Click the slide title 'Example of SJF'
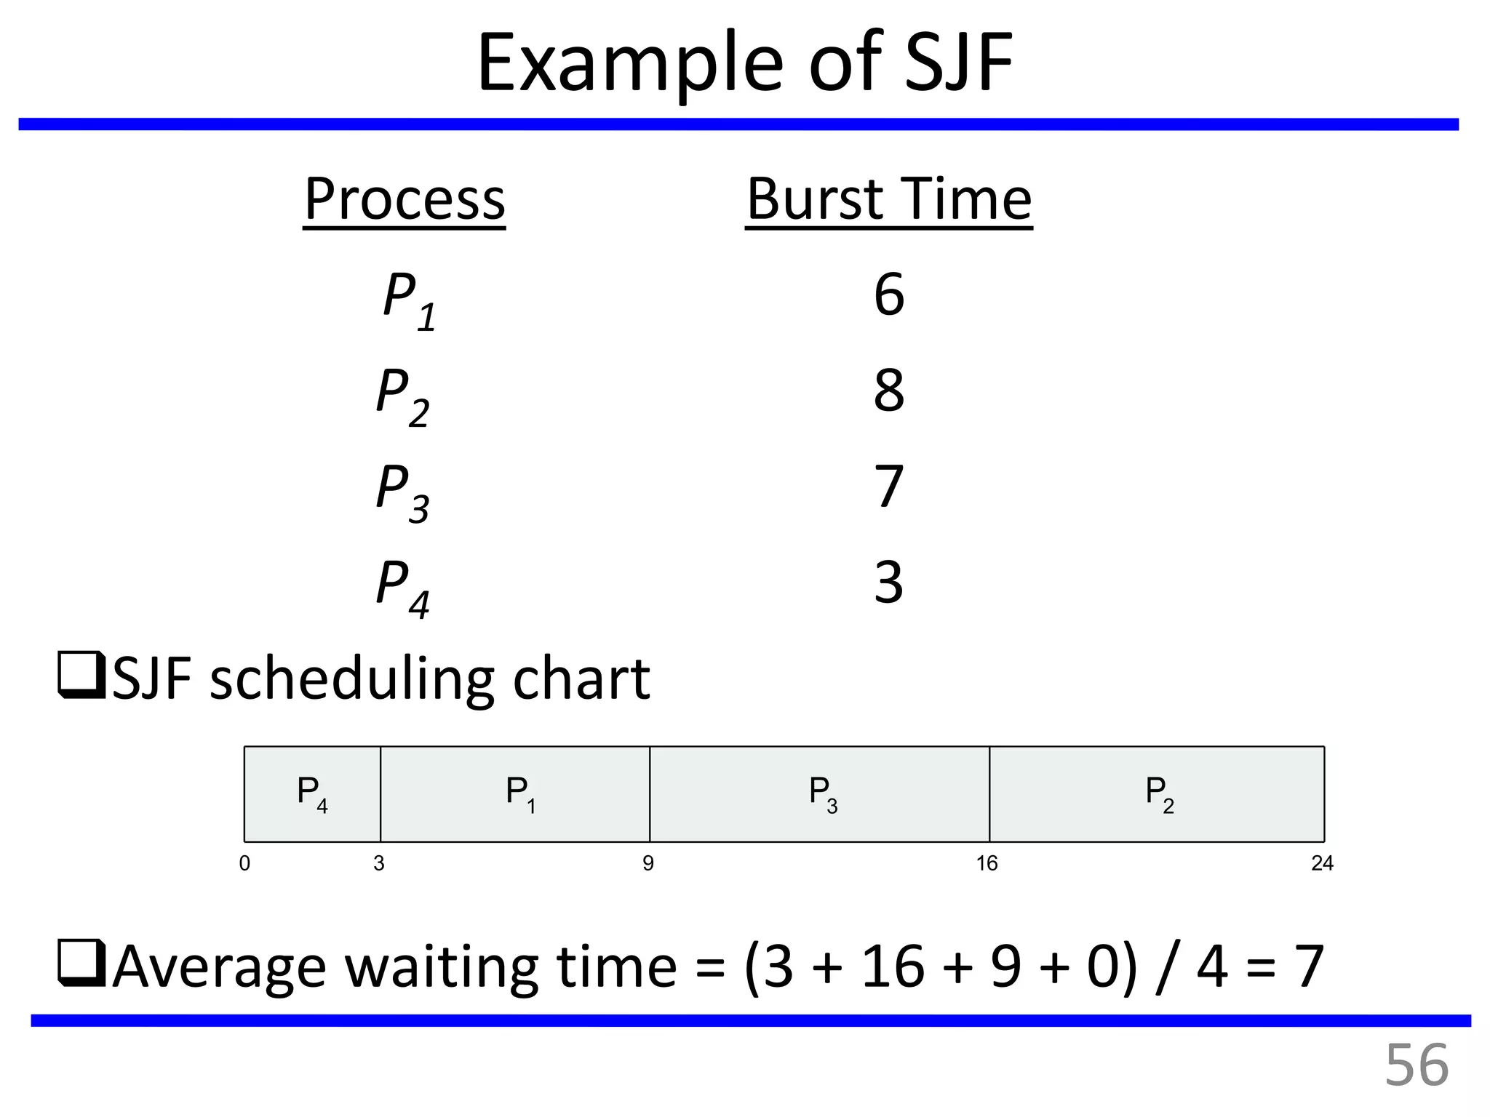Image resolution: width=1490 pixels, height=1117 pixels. [x=744, y=64]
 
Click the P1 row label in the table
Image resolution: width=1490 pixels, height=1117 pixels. [x=409, y=300]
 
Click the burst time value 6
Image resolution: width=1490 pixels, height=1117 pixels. [x=888, y=295]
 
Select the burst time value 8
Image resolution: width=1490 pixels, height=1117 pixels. [x=888, y=391]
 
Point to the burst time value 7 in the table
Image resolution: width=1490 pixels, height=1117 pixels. [x=888, y=487]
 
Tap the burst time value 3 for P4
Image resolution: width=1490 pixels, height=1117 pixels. [x=888, y=582]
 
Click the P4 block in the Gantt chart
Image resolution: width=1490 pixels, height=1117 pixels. [x=312, y=794]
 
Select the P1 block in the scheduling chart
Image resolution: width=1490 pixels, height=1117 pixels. [x=515, y=794]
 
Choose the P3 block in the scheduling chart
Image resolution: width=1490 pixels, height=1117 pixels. [x=819, y=794]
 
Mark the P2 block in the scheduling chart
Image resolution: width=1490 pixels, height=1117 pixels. [x=1157, y=794]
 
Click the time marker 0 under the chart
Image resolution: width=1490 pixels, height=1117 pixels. [x=244, y=863]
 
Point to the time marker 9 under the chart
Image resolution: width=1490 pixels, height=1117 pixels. [x=648, y=863]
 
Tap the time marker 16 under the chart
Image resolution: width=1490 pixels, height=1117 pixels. [x=987, y=863]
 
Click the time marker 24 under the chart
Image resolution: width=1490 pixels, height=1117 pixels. [x=1322, y=863]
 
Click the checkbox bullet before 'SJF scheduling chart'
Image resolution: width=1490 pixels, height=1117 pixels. [x=81, y=677]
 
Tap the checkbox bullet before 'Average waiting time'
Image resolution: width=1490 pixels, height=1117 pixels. [x=81, y=964]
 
